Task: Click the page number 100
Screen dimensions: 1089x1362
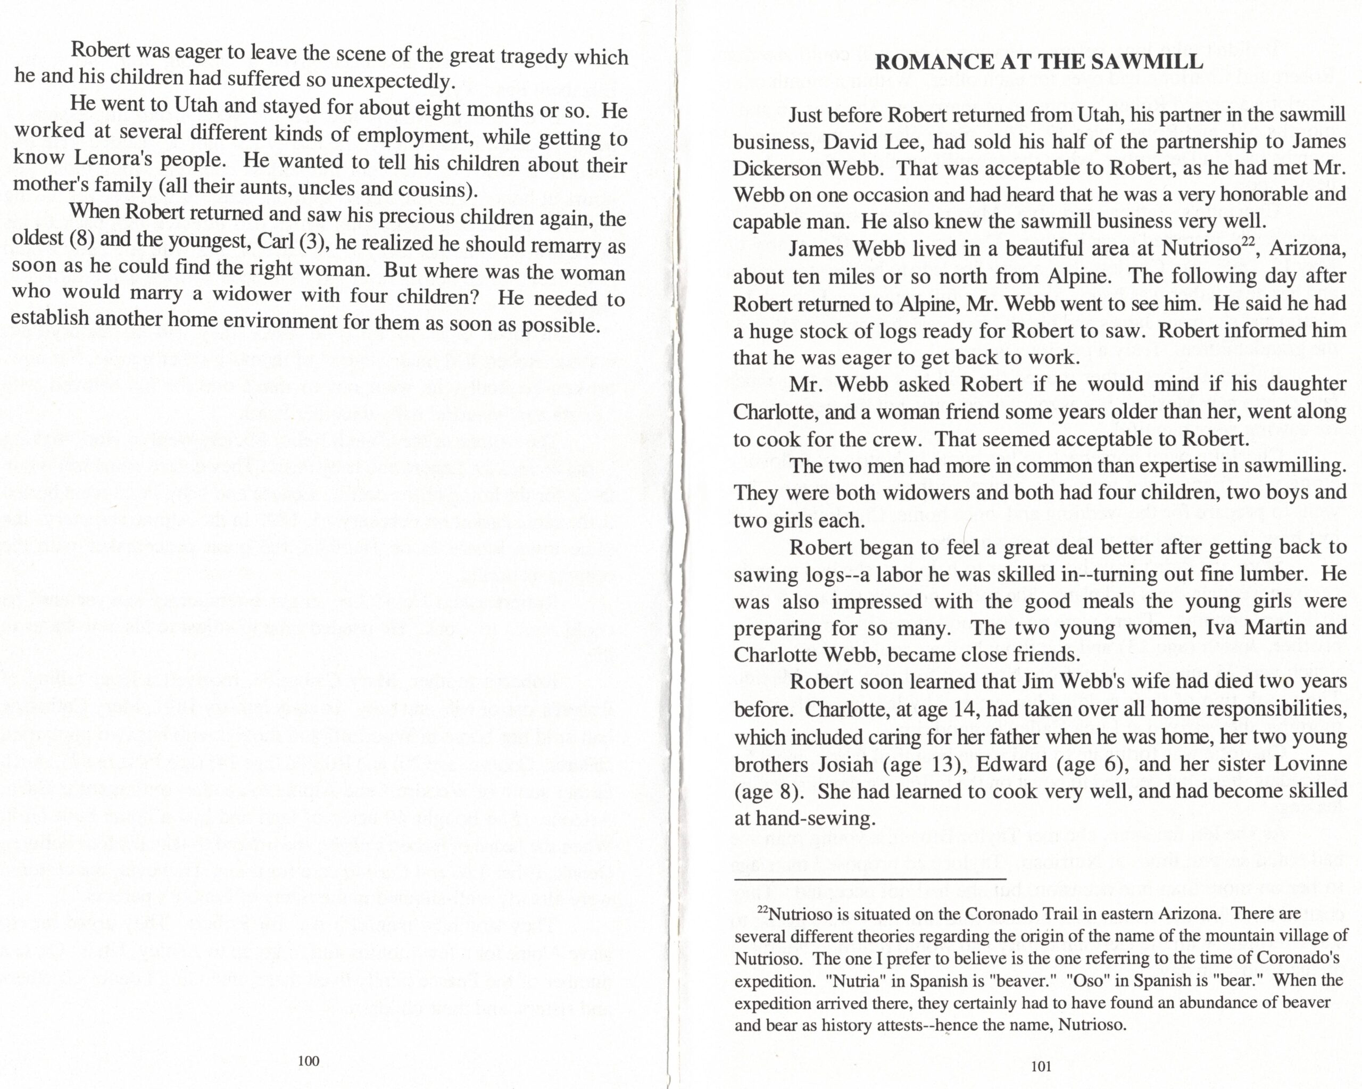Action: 308,1061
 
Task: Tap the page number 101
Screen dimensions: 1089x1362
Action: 1041,1066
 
